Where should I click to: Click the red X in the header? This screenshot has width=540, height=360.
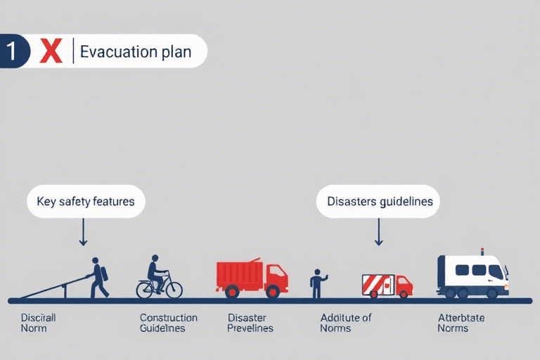pyautogui.click(x=51, y=51)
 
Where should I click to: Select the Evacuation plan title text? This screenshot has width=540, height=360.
pyautogui.click(x=136, y=52)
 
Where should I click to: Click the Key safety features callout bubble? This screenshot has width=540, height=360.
pyautogui.click(x=85, y=202)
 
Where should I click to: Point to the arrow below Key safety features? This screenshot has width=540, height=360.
pyautogui.click(x=83, y=232)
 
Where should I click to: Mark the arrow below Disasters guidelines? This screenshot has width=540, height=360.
pyautogui.click(x=378, y=232)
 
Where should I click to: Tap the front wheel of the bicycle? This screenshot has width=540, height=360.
pyautogui.click(x=172, y=289)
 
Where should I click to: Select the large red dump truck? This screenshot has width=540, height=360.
pyautogui.click(x=251, y=277)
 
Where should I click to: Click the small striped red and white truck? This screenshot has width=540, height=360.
pyautogui.click(x=387, y=284)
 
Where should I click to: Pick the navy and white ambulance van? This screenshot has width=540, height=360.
pyautogui.click(x=472, y=275)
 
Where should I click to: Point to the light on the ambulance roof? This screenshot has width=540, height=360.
pyautogui.click(x=482, y=251)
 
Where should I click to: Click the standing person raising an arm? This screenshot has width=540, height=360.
pyautogui.click(x=317, y=283)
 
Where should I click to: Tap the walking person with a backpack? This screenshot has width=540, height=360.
pyautogui.click(x=98, y=277)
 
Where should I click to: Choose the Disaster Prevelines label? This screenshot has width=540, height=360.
pyautogui.click(x=250, y=323)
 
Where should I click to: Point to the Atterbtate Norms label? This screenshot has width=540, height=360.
pyautogui.click(x=461, y=323)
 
